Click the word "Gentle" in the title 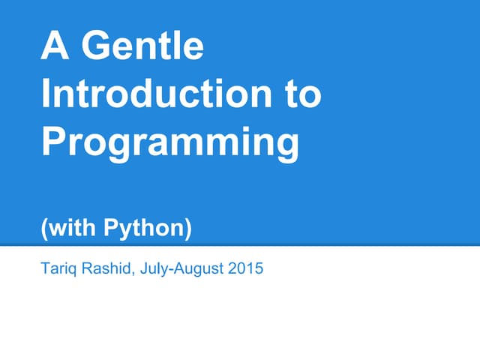coord(142,46)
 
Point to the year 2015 coord(247,267)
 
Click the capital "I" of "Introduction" coord(46,95)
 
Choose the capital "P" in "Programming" coord(55,142)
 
